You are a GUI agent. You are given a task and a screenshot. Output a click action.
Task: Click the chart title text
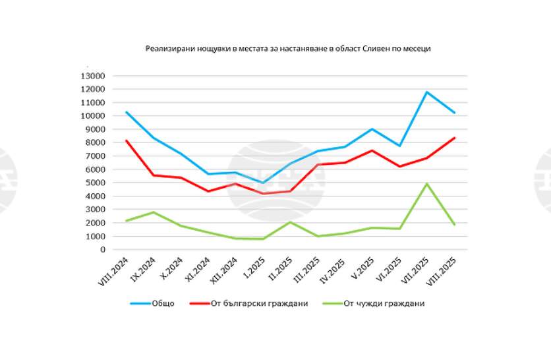pos(288,49)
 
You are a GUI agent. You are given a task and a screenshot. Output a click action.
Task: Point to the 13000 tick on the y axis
pos(93,76)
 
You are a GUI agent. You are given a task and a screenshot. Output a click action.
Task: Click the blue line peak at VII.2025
pos(427,92)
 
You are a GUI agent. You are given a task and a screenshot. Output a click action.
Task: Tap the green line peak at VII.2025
pos(427,184)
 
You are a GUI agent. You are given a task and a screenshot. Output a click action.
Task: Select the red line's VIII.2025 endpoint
pos(454,138)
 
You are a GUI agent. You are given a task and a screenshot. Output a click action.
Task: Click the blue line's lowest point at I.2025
pos(263,183)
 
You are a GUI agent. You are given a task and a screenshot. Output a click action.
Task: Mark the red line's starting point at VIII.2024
pos(126,140)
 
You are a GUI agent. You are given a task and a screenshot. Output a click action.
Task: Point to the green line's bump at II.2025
pos(291,222)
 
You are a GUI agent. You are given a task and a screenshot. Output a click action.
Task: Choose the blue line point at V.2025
pos(372,129)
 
